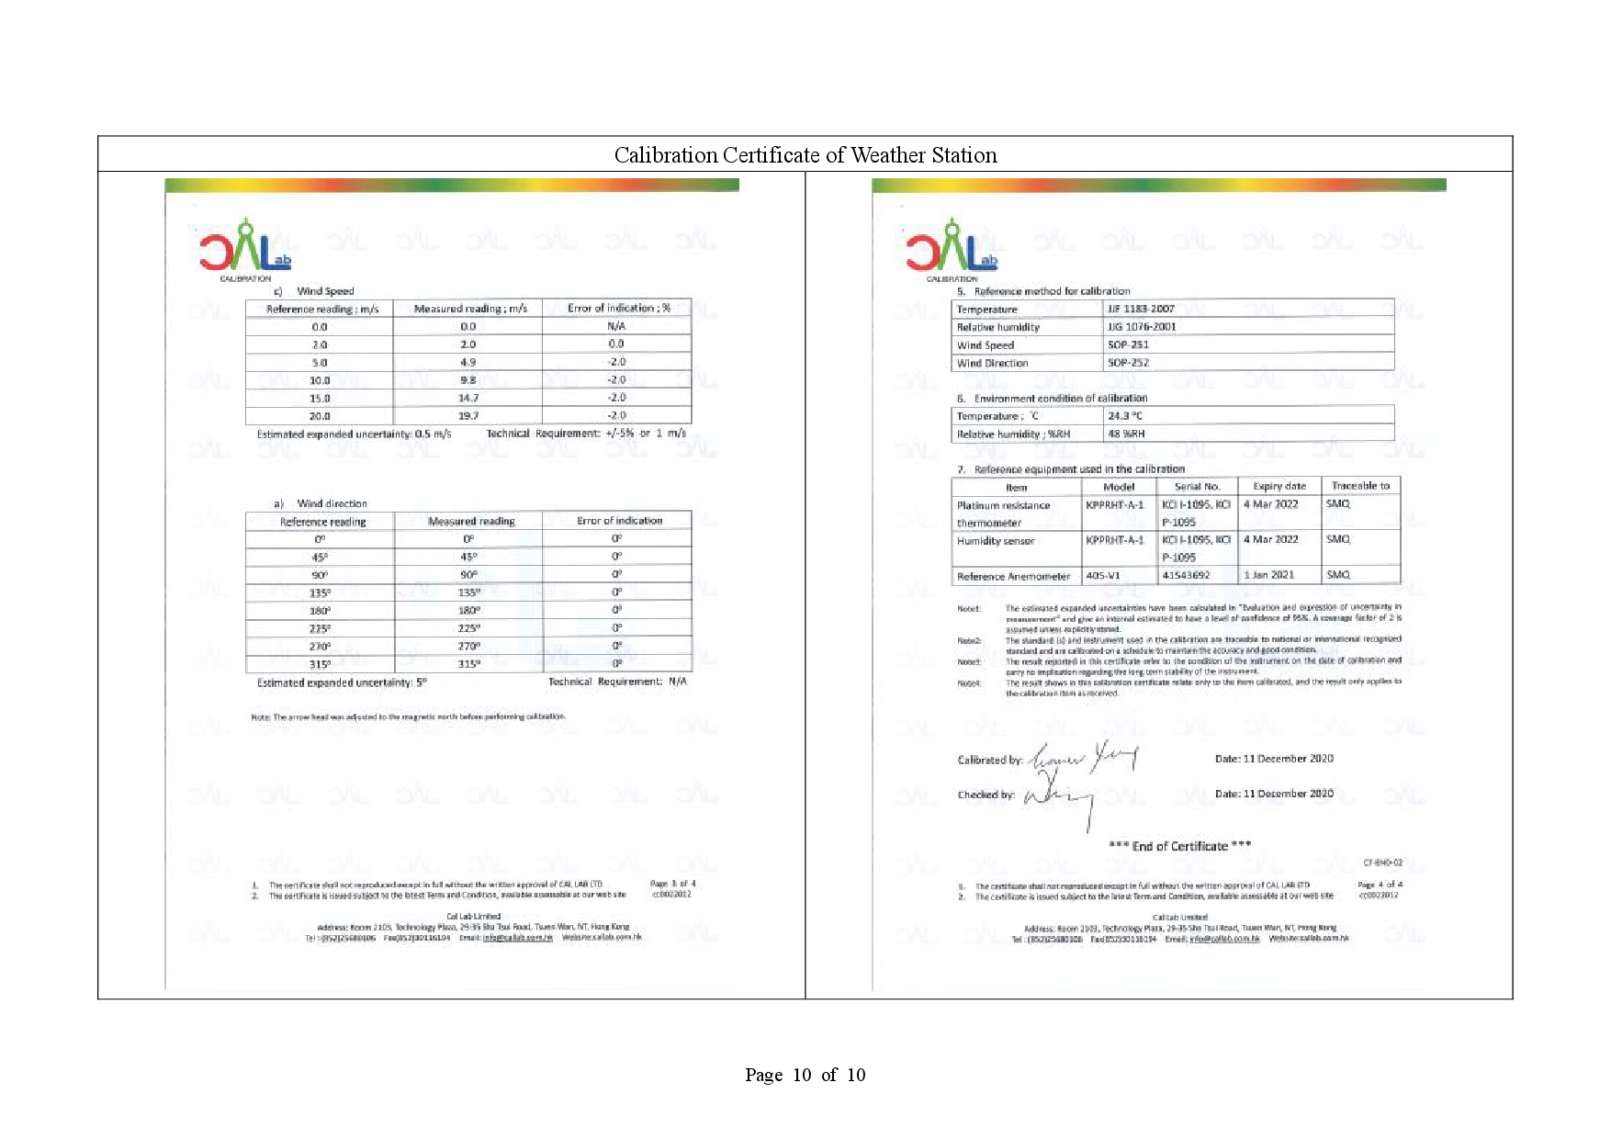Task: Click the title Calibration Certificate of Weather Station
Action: tap(805, 155)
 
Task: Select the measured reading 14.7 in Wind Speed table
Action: tap(468, 399)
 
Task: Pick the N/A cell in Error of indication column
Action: tap(616, 326)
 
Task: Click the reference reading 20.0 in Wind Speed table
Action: tap(320, 416)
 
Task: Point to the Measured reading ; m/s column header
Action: tap(469, 309)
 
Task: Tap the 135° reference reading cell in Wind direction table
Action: tap(320, 592)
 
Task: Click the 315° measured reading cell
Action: tap(468, 663)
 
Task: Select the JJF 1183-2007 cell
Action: tap(1141, 309)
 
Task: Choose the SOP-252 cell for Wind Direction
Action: tap(1128, 363)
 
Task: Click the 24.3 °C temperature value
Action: tap(1125, 416)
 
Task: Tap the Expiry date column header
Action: tap(1279, 486)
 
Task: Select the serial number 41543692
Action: tap(1186, 576)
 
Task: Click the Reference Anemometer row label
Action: tap(1013, 577)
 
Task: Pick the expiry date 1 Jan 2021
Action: tap(1268, 575)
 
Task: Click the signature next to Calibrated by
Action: tap(1084, 759)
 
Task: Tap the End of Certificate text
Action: tap(1179, 846)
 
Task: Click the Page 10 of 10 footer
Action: tap(805, 1075)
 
